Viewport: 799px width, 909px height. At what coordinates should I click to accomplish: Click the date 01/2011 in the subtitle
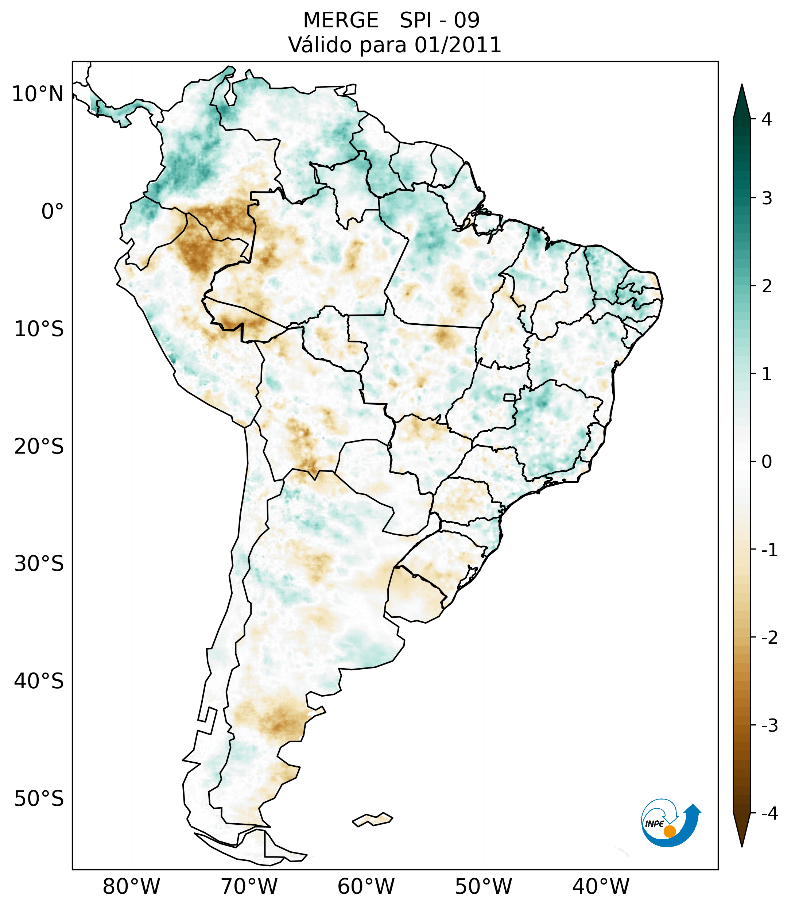tap(458, 45)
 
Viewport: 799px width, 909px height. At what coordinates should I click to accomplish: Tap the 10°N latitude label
tap(38, 94)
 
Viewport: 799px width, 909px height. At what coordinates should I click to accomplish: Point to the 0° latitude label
tap(53, 212)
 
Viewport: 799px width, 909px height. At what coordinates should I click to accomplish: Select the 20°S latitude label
tap(39, 447)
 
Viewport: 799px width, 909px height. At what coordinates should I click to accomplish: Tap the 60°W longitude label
tap(366, 887)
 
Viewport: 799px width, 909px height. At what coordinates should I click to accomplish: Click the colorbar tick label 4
tap(767, 119)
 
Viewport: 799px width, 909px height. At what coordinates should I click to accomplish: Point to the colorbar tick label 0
tap(767, 462)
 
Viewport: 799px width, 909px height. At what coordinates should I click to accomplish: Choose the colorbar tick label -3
tap(769, 726)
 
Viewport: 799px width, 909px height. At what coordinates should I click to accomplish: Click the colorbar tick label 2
tap(767, 286)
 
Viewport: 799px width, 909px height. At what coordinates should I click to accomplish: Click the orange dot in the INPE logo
tap(669, 831)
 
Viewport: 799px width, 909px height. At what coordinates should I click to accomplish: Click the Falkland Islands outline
tap(372, 819)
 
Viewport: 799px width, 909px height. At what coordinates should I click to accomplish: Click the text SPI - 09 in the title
tap(439, 20)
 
